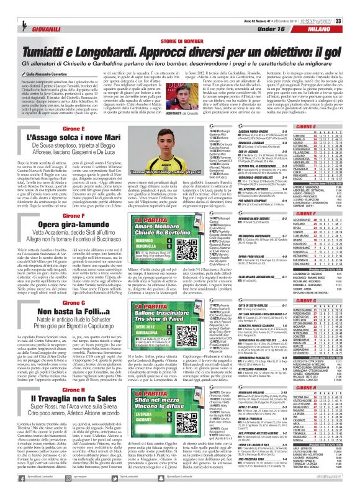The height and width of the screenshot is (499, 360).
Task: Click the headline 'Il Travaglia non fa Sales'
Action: [59, 411]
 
